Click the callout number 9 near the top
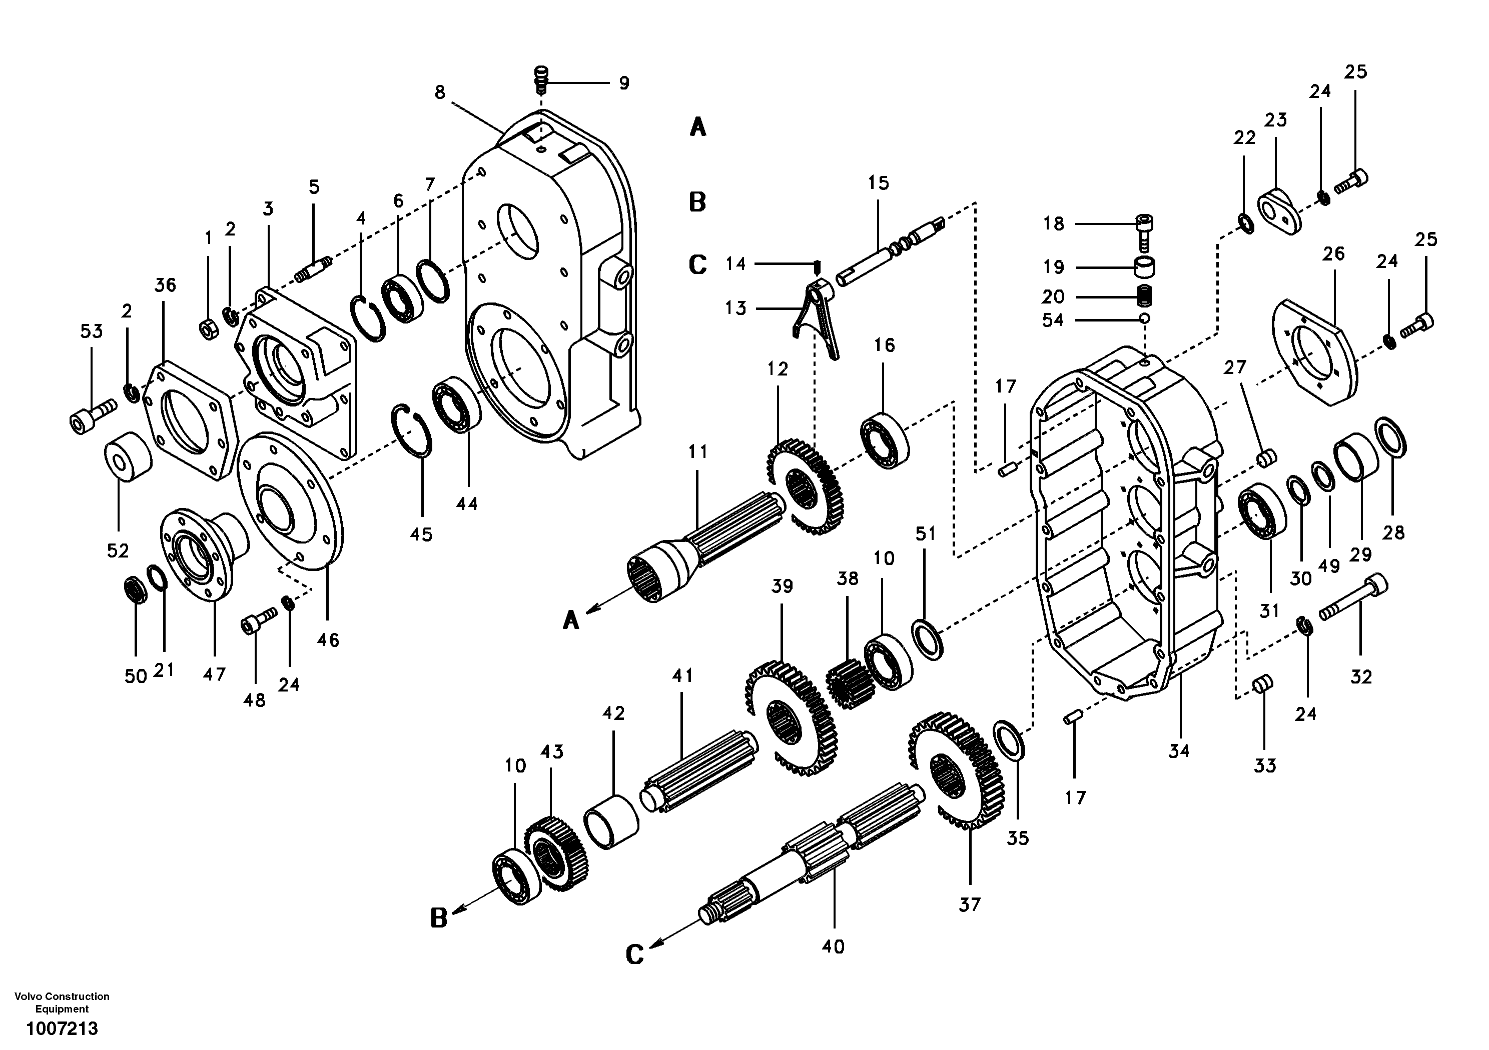click(623, 83)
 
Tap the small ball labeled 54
click(1145, 318)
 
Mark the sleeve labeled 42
click(611, 820)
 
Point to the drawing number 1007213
click(62, 1028)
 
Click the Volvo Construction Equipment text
click(62, 1002)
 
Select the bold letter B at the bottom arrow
click(439, 918)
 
